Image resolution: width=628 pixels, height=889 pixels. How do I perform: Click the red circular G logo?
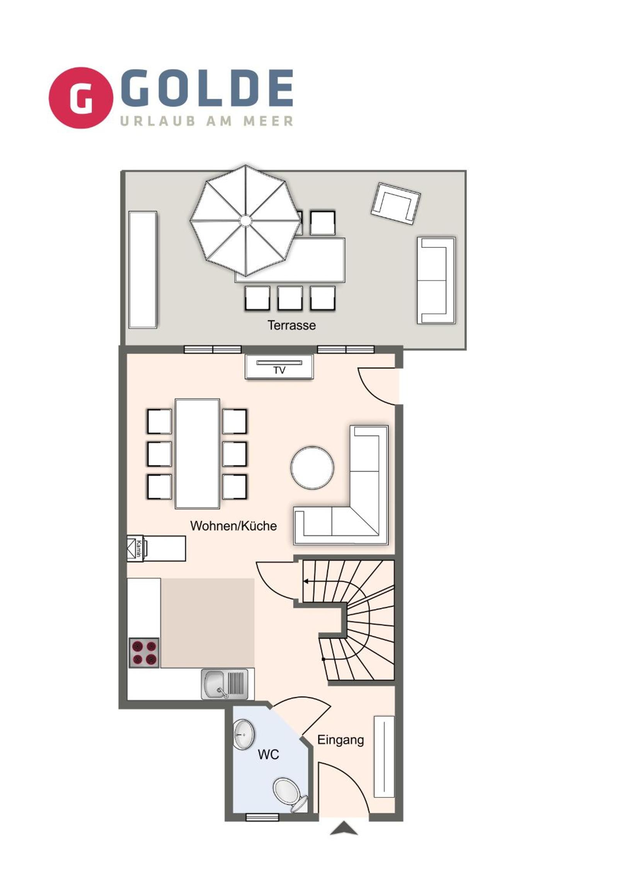pos(81,97)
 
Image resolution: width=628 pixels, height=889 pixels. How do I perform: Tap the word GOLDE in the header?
pos(206,88)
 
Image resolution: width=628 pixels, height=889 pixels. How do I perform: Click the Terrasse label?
pos(291,325)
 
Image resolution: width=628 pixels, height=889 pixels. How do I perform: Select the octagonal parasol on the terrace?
pos(245,221)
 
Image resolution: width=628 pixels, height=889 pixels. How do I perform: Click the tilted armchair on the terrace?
pos(396,203)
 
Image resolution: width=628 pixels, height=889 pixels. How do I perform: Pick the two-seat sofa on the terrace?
pos(436,280)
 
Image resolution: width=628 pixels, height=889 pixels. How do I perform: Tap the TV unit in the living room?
pos(279,367)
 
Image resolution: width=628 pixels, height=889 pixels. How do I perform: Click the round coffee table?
pos(312,467)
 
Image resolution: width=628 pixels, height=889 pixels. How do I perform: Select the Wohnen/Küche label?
pos(233,526)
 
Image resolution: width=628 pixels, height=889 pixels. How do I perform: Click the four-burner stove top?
pos(145,652)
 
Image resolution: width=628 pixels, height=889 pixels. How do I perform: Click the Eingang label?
pos(341,740)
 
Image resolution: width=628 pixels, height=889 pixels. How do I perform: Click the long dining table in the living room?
pos(197,453)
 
